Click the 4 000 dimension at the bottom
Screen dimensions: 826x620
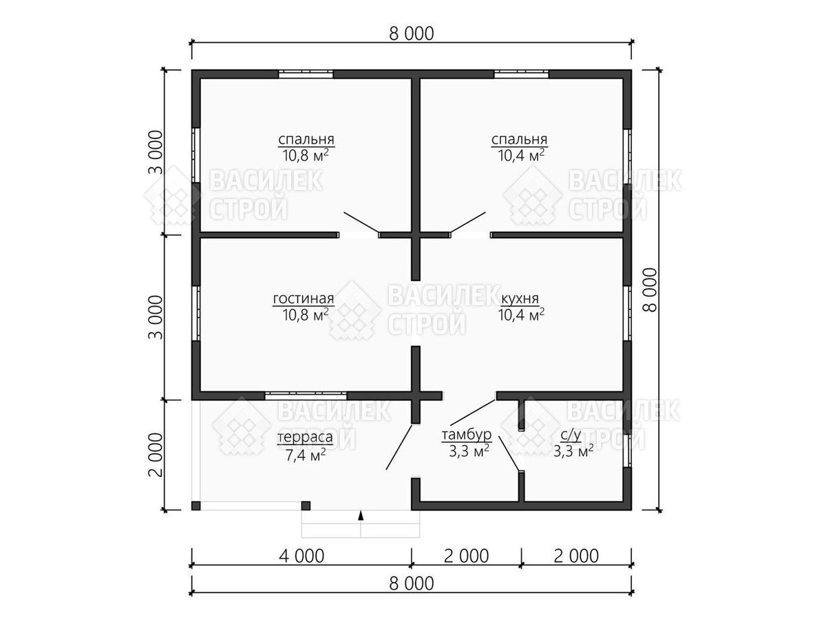tap(301, 556)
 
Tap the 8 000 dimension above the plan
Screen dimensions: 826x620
tap(412, 34)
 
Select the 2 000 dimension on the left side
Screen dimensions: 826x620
tap(156, 455)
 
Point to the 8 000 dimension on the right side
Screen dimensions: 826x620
tap(650, 290)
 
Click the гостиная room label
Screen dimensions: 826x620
tap(304, 298)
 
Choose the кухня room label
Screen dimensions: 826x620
tap(520, 298)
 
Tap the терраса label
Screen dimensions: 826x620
tap(305, 437)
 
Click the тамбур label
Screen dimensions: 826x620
tap(466, 435)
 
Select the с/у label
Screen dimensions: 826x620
tap(571, 435)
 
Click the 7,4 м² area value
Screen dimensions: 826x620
tap(305, 455)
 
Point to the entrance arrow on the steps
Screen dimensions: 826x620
tap(361, 515)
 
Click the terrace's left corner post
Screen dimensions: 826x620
tap(195, 505)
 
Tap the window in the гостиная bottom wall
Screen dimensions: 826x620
tap(306, 395)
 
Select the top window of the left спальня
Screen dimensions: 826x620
tap(306, 74)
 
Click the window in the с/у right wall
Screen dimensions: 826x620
tap(627, 451)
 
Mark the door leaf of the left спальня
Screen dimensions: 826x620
tap(361, 222)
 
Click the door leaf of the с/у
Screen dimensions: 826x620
tap(509, 453)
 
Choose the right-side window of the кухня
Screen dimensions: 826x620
tap(627, 313)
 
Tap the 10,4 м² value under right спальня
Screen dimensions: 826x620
tap(521, 155)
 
